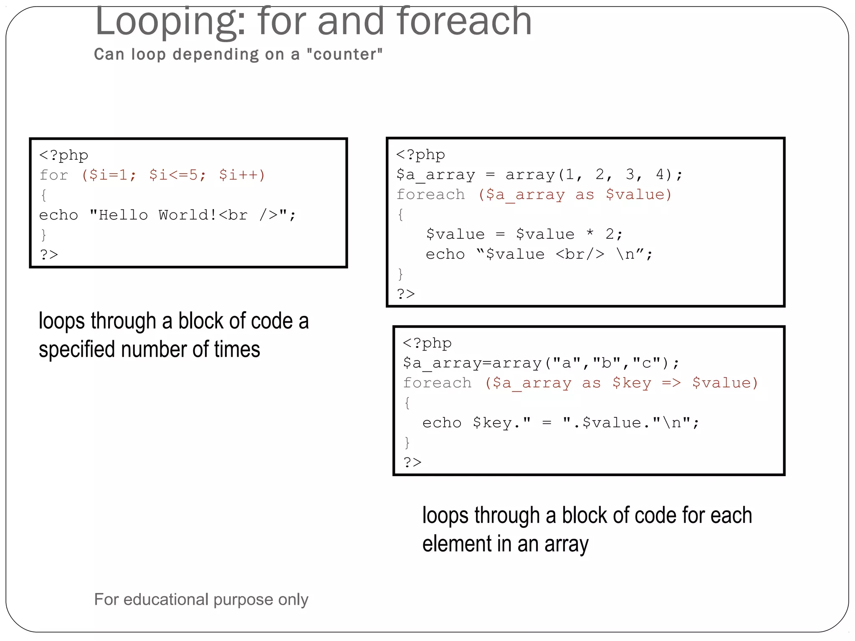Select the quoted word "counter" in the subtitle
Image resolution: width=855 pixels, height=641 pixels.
tap(344, 55)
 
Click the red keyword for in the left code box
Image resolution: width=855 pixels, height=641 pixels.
tap(54, 175)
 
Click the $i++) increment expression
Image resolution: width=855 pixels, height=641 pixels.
tap(242, 175)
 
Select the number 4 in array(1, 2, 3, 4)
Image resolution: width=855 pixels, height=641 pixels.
tap(660, 174)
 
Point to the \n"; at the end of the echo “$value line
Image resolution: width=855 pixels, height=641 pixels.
tap(635, 254)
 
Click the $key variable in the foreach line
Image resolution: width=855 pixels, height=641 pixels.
tap(632, 383)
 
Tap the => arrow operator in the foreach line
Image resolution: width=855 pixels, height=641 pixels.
tap(671, 383)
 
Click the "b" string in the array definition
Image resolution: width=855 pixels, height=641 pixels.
tap(607, 363)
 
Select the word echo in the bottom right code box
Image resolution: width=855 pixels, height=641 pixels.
tap(442, 423)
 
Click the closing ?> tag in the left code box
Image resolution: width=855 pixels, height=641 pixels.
tap(49, 255)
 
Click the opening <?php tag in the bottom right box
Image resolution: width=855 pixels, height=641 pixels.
tap(427, 343)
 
